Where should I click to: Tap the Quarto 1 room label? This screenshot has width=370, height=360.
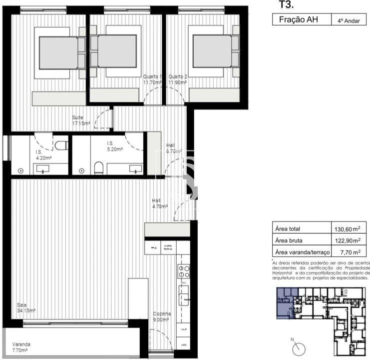tap(153, 79)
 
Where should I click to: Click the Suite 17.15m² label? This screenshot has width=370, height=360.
tap(80, 120)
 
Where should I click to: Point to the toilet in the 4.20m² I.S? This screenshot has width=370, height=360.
tap(61, 145)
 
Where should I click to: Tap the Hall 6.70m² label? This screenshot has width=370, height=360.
tap(173, 148)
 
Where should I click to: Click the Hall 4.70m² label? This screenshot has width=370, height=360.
tap(160, 203)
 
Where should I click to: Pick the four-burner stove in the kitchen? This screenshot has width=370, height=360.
tap(183, 271)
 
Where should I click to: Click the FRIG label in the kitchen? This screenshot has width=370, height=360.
tap(151, 247)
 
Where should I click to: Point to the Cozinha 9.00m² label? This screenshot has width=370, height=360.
tap(162, 317)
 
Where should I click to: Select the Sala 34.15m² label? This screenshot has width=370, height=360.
tap(25, 307)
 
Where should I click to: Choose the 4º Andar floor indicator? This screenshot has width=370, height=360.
tap(349, 20)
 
